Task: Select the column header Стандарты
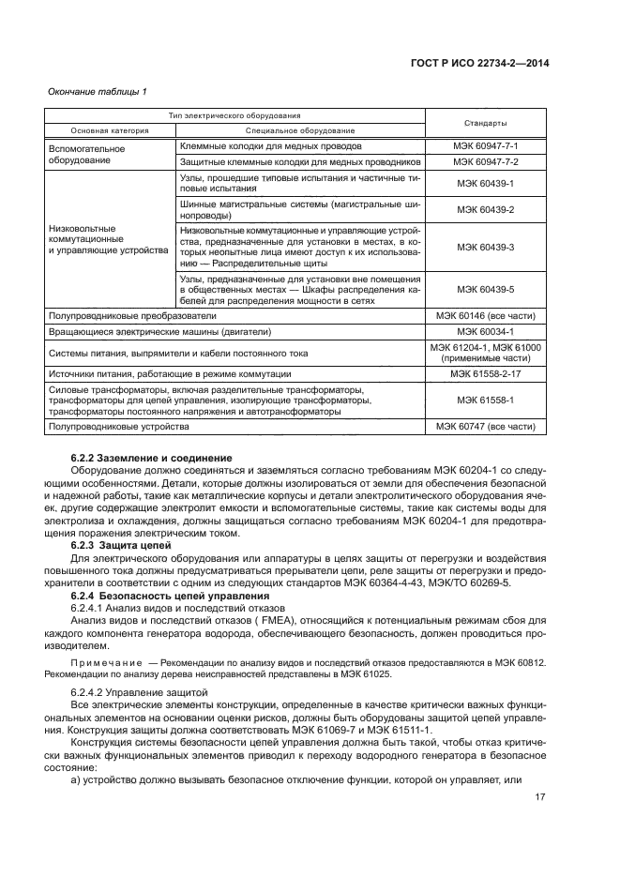pyautogui.click(x=486, y=123)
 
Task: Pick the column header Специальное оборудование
pyautogui.click(x=300, y=129)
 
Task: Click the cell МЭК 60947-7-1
pyautogui.click(x=486, y=147)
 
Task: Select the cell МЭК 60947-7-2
pyautogui.click(x=486, y=161)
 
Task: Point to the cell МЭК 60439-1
pyautogui.click(x=486, y=183)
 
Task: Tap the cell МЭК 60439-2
pyautogui.click(x=486, y=210)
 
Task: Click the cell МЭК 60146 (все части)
pyautogui.click(x=486, y=317)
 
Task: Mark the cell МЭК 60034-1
pyautogui.click(x=486, y=331)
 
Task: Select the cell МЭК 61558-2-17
pyautogui.click(x=486, y=372)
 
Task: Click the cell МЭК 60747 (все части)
pyautogui.click(x=486, y=427)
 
